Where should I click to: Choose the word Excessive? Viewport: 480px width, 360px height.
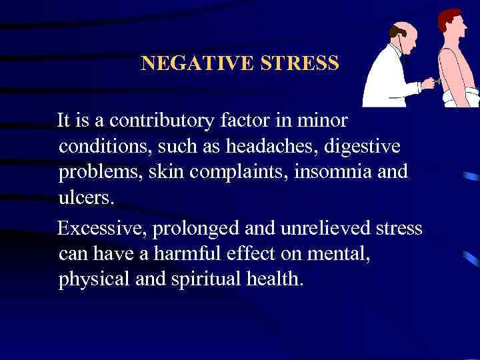(x=103, y=229)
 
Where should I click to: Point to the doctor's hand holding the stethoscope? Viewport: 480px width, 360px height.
(x=427, y=84)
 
